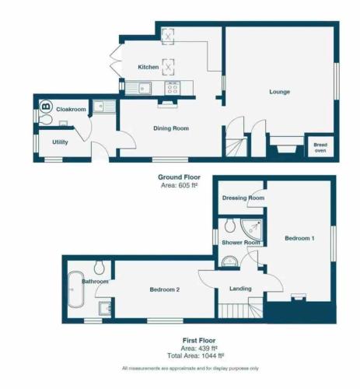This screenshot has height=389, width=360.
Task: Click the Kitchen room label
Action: [x=149, y=67]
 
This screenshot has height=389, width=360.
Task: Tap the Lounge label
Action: [x=279, y=92]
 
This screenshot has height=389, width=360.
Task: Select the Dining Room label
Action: [x=171, y=128]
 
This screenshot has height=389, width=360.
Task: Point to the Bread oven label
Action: [x=320, y=148]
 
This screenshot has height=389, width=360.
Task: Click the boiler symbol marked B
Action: [x=46, y=107]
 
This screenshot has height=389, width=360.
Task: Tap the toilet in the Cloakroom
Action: [x=46, y=120]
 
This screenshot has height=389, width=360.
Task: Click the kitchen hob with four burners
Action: [x=173, y=88]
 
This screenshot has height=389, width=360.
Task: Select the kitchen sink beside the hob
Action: [x=138, y=88]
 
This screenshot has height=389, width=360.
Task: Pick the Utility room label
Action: [x=60, y=142]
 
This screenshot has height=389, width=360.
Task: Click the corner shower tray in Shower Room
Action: [x=251, y=230]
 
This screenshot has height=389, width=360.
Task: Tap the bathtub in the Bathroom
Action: [x=75, y=289]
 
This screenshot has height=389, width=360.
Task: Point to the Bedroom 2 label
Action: [x=165, y=289]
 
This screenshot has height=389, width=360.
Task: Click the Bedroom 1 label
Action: [x=299, y=238]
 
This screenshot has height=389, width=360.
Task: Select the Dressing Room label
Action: [x=243, y=198]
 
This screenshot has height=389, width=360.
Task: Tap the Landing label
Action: [x=240, y=289]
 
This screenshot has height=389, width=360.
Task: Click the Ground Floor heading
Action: [x=179, y=177]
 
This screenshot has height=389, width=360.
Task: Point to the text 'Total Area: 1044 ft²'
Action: [x=196, y=356]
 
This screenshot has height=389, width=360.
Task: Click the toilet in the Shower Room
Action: [x=230, y=225]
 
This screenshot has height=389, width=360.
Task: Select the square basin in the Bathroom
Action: [x=105, y=308]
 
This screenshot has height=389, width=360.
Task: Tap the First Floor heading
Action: [x=199, y=341]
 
